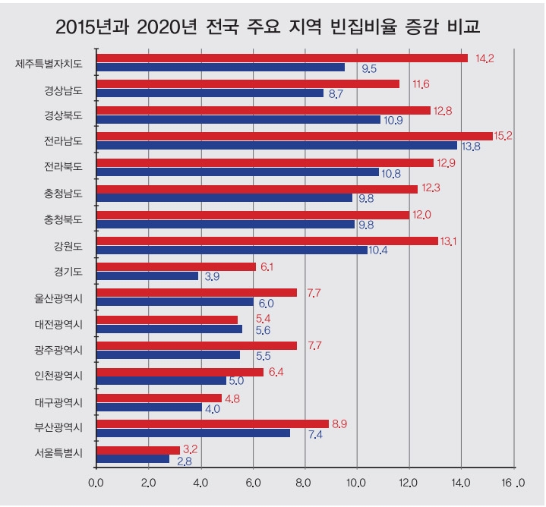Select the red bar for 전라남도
point(294,137)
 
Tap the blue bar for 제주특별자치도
point(220,67)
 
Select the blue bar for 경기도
point(147,276)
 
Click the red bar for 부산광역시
point(212,424)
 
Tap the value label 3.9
point(213,277)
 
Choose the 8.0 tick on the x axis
point(305,481)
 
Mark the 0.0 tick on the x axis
point(96,481)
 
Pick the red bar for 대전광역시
point(166,320)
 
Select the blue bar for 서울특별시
point(133,458)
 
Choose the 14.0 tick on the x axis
point(461,481)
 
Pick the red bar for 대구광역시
point(159,398)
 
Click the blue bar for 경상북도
point(238,119)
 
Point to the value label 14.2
point(484,58)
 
